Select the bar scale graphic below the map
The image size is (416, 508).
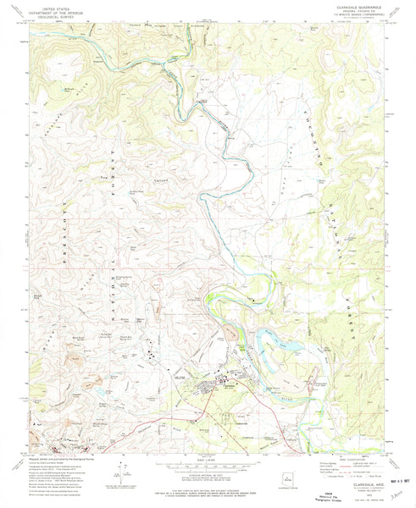tap(207, 463)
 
